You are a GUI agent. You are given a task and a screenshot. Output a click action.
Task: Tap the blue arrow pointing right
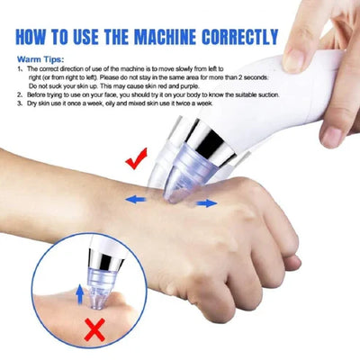click(206, 203)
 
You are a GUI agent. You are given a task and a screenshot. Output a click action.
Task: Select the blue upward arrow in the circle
click(79, 291)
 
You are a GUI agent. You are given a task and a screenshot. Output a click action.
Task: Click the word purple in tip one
click(223, 85)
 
